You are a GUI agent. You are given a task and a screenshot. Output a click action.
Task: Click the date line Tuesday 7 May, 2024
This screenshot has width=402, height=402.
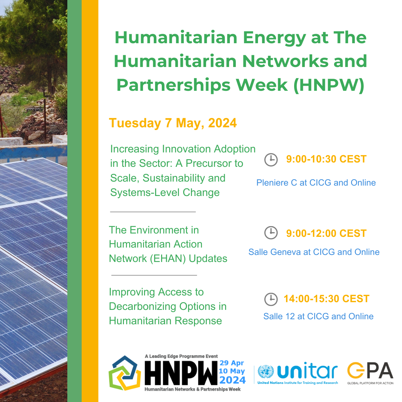click(x=173, y=123)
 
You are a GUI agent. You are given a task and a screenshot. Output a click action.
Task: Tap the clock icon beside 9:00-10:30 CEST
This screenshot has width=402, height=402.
click(x=271, y=160)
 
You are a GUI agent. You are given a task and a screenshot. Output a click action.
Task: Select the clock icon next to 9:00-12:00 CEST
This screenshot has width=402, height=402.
click(x=271, y=232)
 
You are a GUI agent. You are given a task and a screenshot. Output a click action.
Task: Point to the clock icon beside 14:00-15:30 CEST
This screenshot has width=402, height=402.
click(x=271, y=299)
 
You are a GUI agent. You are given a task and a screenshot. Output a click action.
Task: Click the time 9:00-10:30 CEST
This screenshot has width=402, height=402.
click(x=326, y=159)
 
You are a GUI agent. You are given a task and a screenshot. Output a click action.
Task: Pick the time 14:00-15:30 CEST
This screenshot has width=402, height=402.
click(x=327, y=299)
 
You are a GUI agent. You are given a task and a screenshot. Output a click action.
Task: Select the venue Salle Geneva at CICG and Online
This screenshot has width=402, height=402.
click(x=314, y=252)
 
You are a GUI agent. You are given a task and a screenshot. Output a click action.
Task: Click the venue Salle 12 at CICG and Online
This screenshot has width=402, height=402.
click(x=318, y=316)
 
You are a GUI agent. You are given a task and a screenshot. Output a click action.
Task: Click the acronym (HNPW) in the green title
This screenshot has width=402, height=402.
click(x=329, y=85)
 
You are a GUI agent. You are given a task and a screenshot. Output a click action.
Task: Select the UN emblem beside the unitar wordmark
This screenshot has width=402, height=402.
click(x=266, y=372)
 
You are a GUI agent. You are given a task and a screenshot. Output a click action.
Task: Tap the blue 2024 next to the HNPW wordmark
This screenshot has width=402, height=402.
click(x=232, y=380)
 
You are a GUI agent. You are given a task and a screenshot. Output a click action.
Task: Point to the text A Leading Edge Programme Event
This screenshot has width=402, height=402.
click(x=181, y=356)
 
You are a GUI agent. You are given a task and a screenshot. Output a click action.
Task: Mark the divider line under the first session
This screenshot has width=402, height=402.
click(x=153, y=212)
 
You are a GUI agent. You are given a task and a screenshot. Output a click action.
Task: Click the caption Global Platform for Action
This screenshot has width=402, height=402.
click(x=370, y=383)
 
